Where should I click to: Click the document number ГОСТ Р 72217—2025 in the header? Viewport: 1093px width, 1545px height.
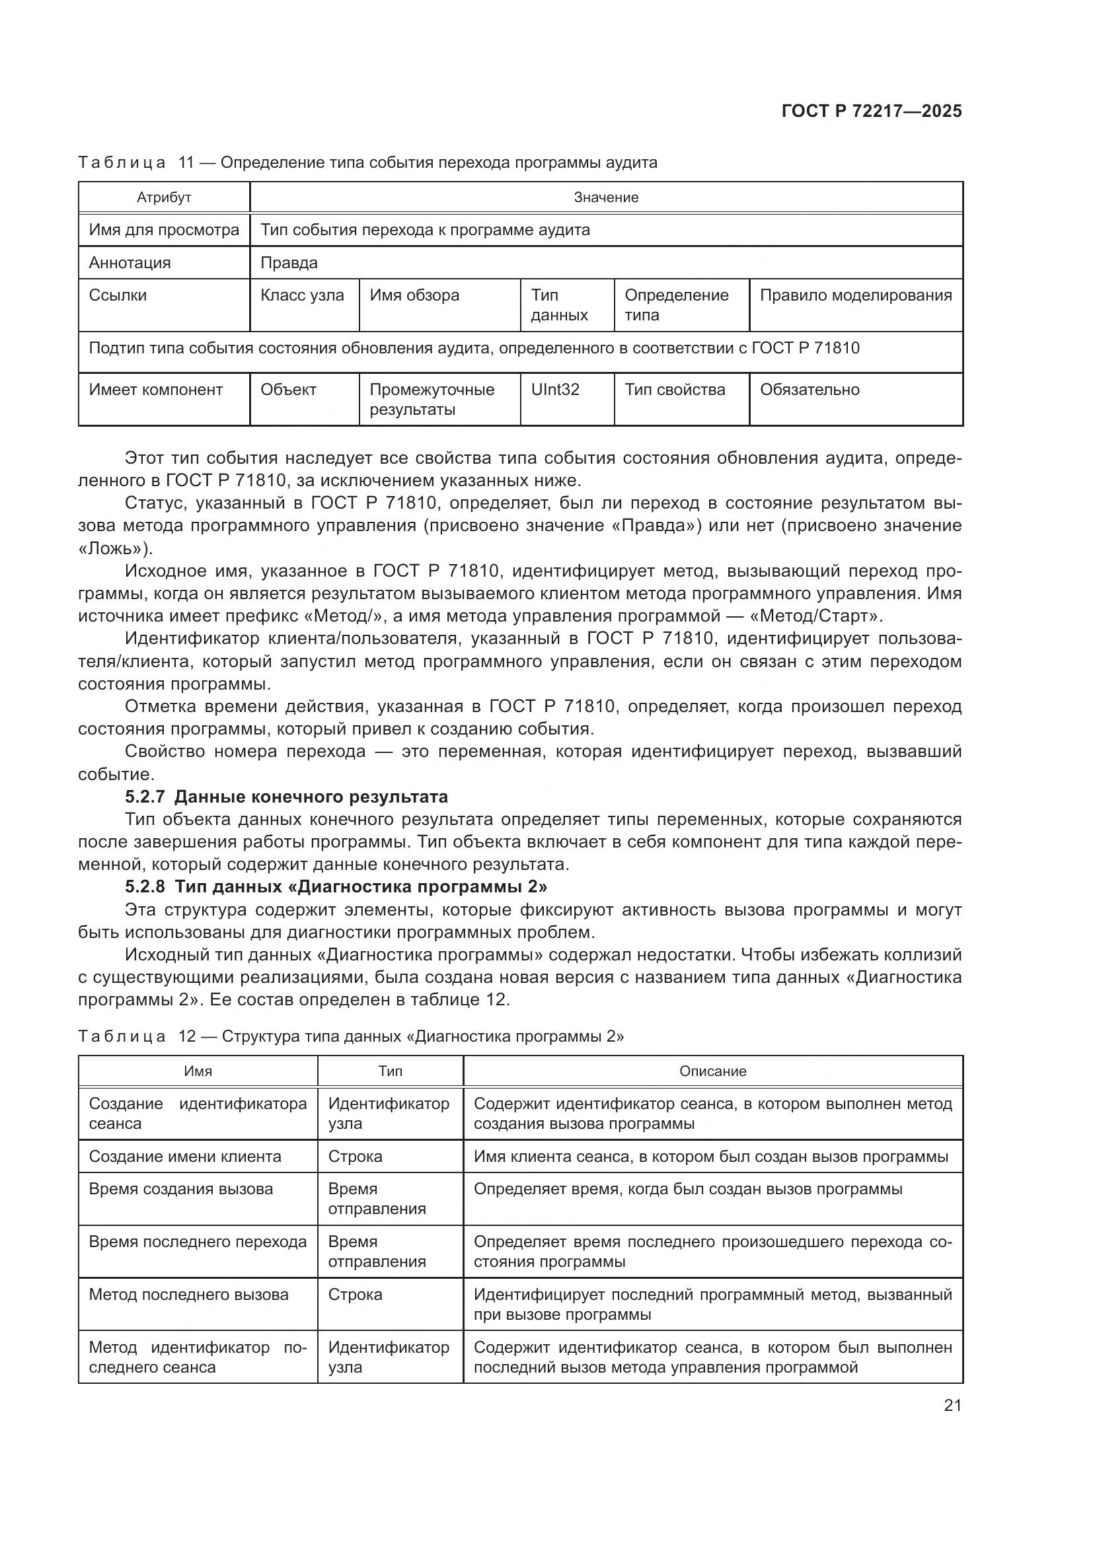click(x=872, y=111)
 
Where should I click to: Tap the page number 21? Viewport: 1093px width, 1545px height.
click(x=952, y=1405)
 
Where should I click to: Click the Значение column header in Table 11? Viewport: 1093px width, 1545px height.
click(x=606, y=197)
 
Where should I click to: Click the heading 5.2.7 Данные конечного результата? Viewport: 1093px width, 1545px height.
click(x=286, y=797)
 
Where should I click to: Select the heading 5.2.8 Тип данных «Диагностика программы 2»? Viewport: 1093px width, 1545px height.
click(x=336, y=887)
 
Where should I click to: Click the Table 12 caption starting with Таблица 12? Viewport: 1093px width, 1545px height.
click(x=351, y=1036)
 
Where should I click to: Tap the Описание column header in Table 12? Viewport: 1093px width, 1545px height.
click(x=713, y=1071)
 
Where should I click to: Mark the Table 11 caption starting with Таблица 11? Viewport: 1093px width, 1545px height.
click(x=367, y=162)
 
